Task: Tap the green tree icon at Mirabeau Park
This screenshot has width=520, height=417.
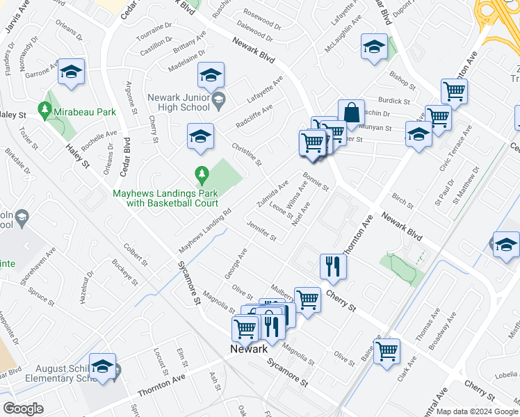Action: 45,110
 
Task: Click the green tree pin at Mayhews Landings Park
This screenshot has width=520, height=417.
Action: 202,172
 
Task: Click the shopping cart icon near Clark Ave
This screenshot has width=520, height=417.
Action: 387,350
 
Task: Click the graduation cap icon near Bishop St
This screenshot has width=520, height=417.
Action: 373,47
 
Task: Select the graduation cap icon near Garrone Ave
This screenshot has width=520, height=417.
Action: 72,72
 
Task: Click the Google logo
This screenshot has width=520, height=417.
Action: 24,408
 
